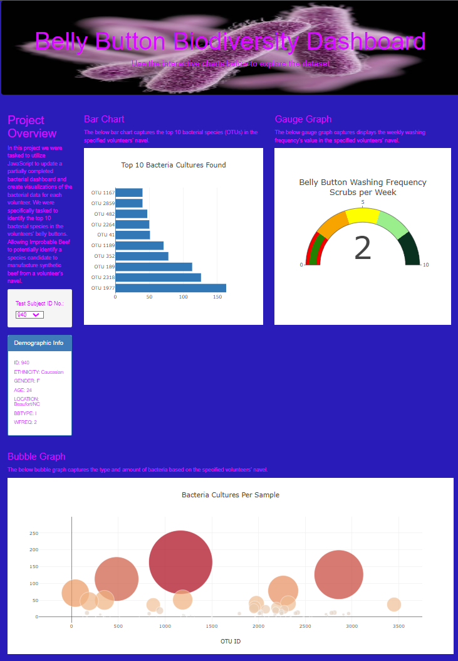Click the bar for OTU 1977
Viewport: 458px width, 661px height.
coord(170,288)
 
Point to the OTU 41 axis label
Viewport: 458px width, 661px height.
coord(107,235)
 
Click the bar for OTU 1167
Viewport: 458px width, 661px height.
coord(129,193)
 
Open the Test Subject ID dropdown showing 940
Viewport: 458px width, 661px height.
coord(29,315)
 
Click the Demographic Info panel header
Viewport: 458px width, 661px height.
coord(39,343)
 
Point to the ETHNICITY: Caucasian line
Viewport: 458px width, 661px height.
coord(38,372)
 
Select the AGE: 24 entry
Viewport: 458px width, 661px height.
coord(23,390)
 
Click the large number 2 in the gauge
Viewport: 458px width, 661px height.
coord(363,248)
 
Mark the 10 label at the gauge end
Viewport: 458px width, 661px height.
coord(426,265)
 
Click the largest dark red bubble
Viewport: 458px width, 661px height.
coord(180,562)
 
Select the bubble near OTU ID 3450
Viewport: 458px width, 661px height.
coord(393,605)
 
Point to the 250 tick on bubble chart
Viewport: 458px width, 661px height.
coord(34,533)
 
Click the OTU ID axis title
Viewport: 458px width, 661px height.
coord(231,642)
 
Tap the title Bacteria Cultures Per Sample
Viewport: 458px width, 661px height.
coord(231,495)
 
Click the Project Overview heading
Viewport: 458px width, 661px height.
coord(32,127)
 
